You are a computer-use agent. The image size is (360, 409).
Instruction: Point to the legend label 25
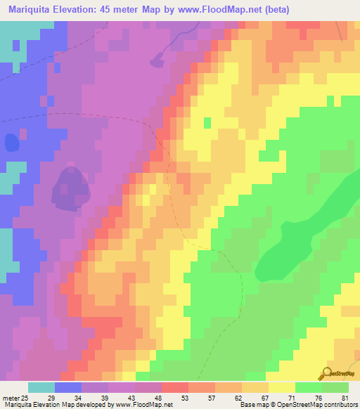[x=26, y=398]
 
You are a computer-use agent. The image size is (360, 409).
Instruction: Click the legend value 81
[x=345, y=398]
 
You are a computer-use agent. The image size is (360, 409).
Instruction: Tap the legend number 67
[x=265, y=398]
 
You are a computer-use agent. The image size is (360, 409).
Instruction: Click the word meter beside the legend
[x=11, y=398]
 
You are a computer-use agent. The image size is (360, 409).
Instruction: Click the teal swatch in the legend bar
[x=41, y=387]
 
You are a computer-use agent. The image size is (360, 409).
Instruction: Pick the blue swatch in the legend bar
[x=68, y=387]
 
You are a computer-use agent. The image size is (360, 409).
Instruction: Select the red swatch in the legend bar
[x=174, y=387]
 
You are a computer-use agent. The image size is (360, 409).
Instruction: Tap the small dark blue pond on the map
[x=12, y=143]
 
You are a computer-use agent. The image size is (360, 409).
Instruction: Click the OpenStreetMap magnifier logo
[x=326, y=374]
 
